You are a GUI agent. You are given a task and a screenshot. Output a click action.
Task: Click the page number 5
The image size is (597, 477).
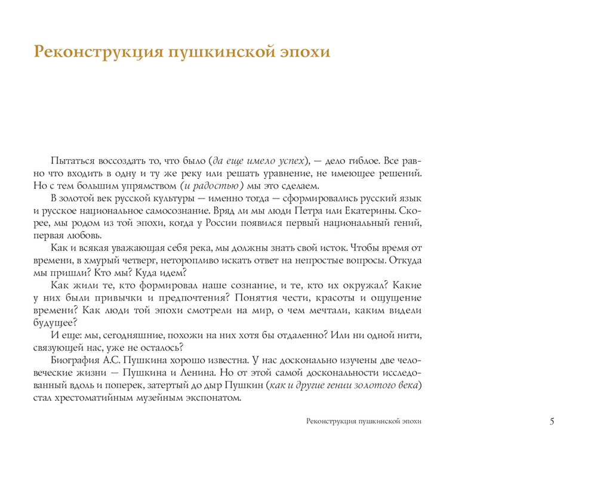pos(552,422)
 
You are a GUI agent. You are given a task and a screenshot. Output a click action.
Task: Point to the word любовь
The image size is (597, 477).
pos(85,236)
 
